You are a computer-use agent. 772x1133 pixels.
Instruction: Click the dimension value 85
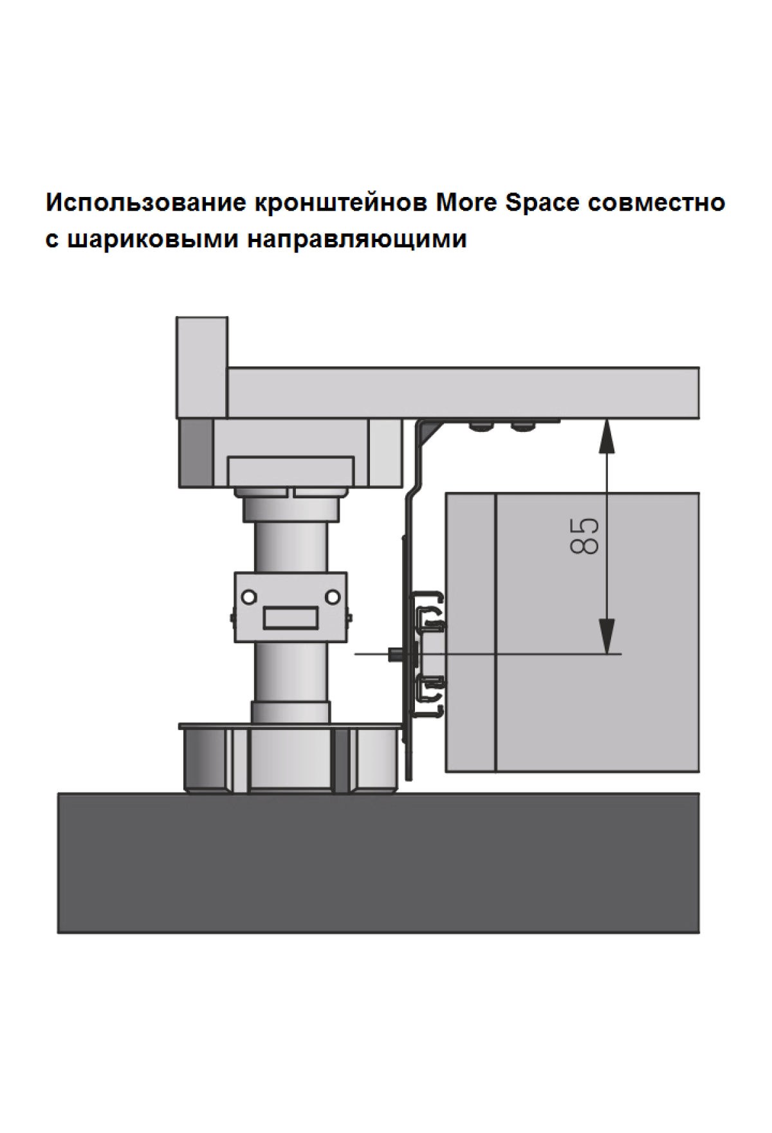click(585, 536)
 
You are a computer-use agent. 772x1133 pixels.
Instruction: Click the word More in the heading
click(467, 203)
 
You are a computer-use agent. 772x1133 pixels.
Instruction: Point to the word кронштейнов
click(342, 203)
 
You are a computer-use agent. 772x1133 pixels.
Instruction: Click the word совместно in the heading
click(657, 203)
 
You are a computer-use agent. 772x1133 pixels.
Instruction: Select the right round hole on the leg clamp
click(333, 597)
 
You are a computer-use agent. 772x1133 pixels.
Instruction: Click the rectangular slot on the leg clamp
click(290, 619)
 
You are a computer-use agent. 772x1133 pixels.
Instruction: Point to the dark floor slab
click(378, 863)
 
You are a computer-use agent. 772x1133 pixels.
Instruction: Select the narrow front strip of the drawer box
click(471, 632)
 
